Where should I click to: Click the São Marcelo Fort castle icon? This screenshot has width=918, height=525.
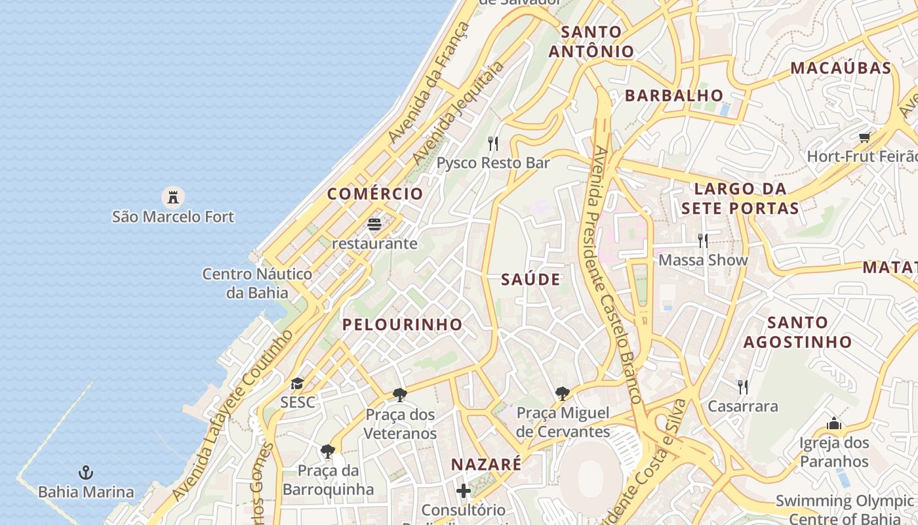pos(172,196)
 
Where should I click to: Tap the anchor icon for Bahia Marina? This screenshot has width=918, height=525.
pos(85,472)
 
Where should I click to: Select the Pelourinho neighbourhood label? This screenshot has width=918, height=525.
pos(402,324)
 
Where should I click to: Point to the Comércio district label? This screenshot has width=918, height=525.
pos(375,194)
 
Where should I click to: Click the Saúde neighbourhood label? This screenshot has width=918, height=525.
pos(530,280)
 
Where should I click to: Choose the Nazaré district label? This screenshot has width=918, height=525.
pos(486,465)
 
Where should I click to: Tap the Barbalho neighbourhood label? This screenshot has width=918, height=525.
pos(673,96)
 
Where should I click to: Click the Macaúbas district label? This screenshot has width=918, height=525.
pos(841,68)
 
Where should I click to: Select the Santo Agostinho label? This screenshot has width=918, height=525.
pos(797,332)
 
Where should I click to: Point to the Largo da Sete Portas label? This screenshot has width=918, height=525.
pos(740,199)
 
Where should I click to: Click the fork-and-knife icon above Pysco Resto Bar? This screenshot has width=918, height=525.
pos(493,143)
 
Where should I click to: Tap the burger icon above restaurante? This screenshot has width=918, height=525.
pos(374,224)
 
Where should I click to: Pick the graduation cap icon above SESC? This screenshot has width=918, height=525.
pos(298,383)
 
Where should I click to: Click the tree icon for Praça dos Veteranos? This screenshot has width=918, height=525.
pos(399,395)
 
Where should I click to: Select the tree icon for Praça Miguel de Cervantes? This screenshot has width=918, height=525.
pos(562,394)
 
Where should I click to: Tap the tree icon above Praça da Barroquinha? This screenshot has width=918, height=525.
pos(328,451)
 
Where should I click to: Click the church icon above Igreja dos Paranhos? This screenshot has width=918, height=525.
pos(834,423)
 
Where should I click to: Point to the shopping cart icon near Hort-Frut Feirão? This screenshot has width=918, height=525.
pos(865,137)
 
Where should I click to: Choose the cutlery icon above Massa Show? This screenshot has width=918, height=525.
pos(703,241)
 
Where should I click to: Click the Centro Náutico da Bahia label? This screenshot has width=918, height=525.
pos(257,283)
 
